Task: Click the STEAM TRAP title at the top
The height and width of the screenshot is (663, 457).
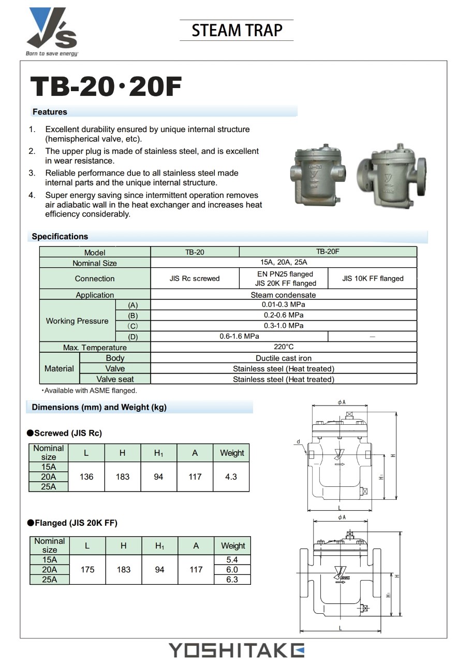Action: [237, 31]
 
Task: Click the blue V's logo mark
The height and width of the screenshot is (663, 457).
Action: [51, 28]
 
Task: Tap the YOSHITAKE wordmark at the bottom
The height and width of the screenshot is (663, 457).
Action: [236, 650]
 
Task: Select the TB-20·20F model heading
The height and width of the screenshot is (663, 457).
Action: [106, 87]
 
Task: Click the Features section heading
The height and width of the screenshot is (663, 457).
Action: [50, 112]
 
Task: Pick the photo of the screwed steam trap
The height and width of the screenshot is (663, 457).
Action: [318, 175]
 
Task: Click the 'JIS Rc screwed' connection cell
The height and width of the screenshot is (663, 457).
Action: [194, 279]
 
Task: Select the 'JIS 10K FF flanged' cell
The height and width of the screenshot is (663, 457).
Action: [373, 279]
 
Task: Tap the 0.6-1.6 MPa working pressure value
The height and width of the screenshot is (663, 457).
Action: [239, 336]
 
